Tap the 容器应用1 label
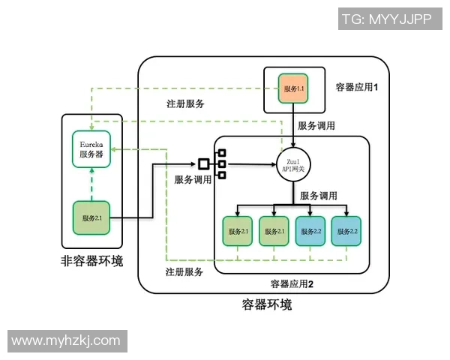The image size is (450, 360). point(356,88)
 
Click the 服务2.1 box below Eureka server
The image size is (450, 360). point(92,217)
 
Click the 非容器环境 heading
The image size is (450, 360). point(91,262)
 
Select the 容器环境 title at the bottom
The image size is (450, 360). point(266,304)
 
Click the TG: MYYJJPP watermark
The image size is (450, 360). point(386,19)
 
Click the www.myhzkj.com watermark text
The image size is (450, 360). point(66,340)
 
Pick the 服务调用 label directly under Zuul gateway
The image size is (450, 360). point(318,195)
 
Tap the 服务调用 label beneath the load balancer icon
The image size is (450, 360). point(193,180)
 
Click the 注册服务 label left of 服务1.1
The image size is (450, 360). point(185,103)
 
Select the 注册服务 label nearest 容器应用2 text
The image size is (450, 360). point(184,271)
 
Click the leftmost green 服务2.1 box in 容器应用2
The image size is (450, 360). point(238,231)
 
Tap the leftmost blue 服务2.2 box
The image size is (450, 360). point(310,231)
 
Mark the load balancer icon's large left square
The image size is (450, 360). point(202,163)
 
